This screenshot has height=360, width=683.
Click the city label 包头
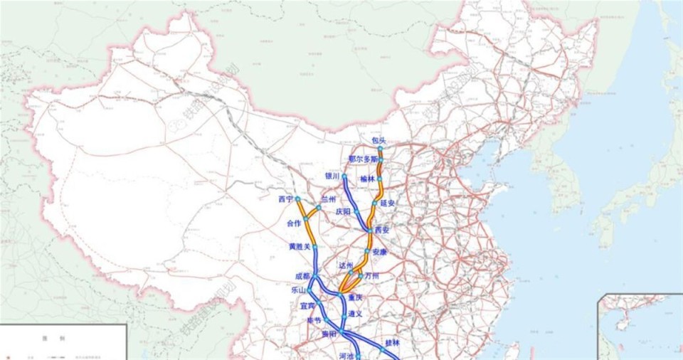(378, 140)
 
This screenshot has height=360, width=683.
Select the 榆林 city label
(367, 179)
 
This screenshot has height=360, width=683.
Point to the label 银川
(332, 176)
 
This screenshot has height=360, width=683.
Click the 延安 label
(388, 203)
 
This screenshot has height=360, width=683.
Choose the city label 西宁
(286, 199)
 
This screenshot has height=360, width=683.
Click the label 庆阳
(343, 211)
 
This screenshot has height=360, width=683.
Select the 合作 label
(293, 223)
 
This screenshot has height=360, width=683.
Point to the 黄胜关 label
(299, 246)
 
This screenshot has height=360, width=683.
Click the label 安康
(380, 252)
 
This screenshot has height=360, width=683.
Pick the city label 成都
(302, 276)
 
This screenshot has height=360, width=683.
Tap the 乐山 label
(298, 290)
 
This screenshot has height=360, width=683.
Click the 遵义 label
(355, 313)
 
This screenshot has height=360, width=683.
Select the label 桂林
(393, 342)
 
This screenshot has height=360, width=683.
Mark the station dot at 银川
(344, 176)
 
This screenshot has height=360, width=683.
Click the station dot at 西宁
(298, 199)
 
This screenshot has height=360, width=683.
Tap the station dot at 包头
(380, 149)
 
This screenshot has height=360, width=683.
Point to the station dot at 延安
(375, 203)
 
